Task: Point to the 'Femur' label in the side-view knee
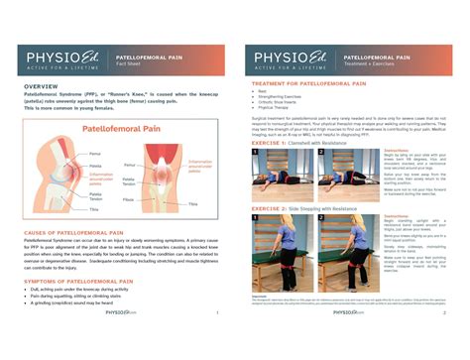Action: tap(94, 154)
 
